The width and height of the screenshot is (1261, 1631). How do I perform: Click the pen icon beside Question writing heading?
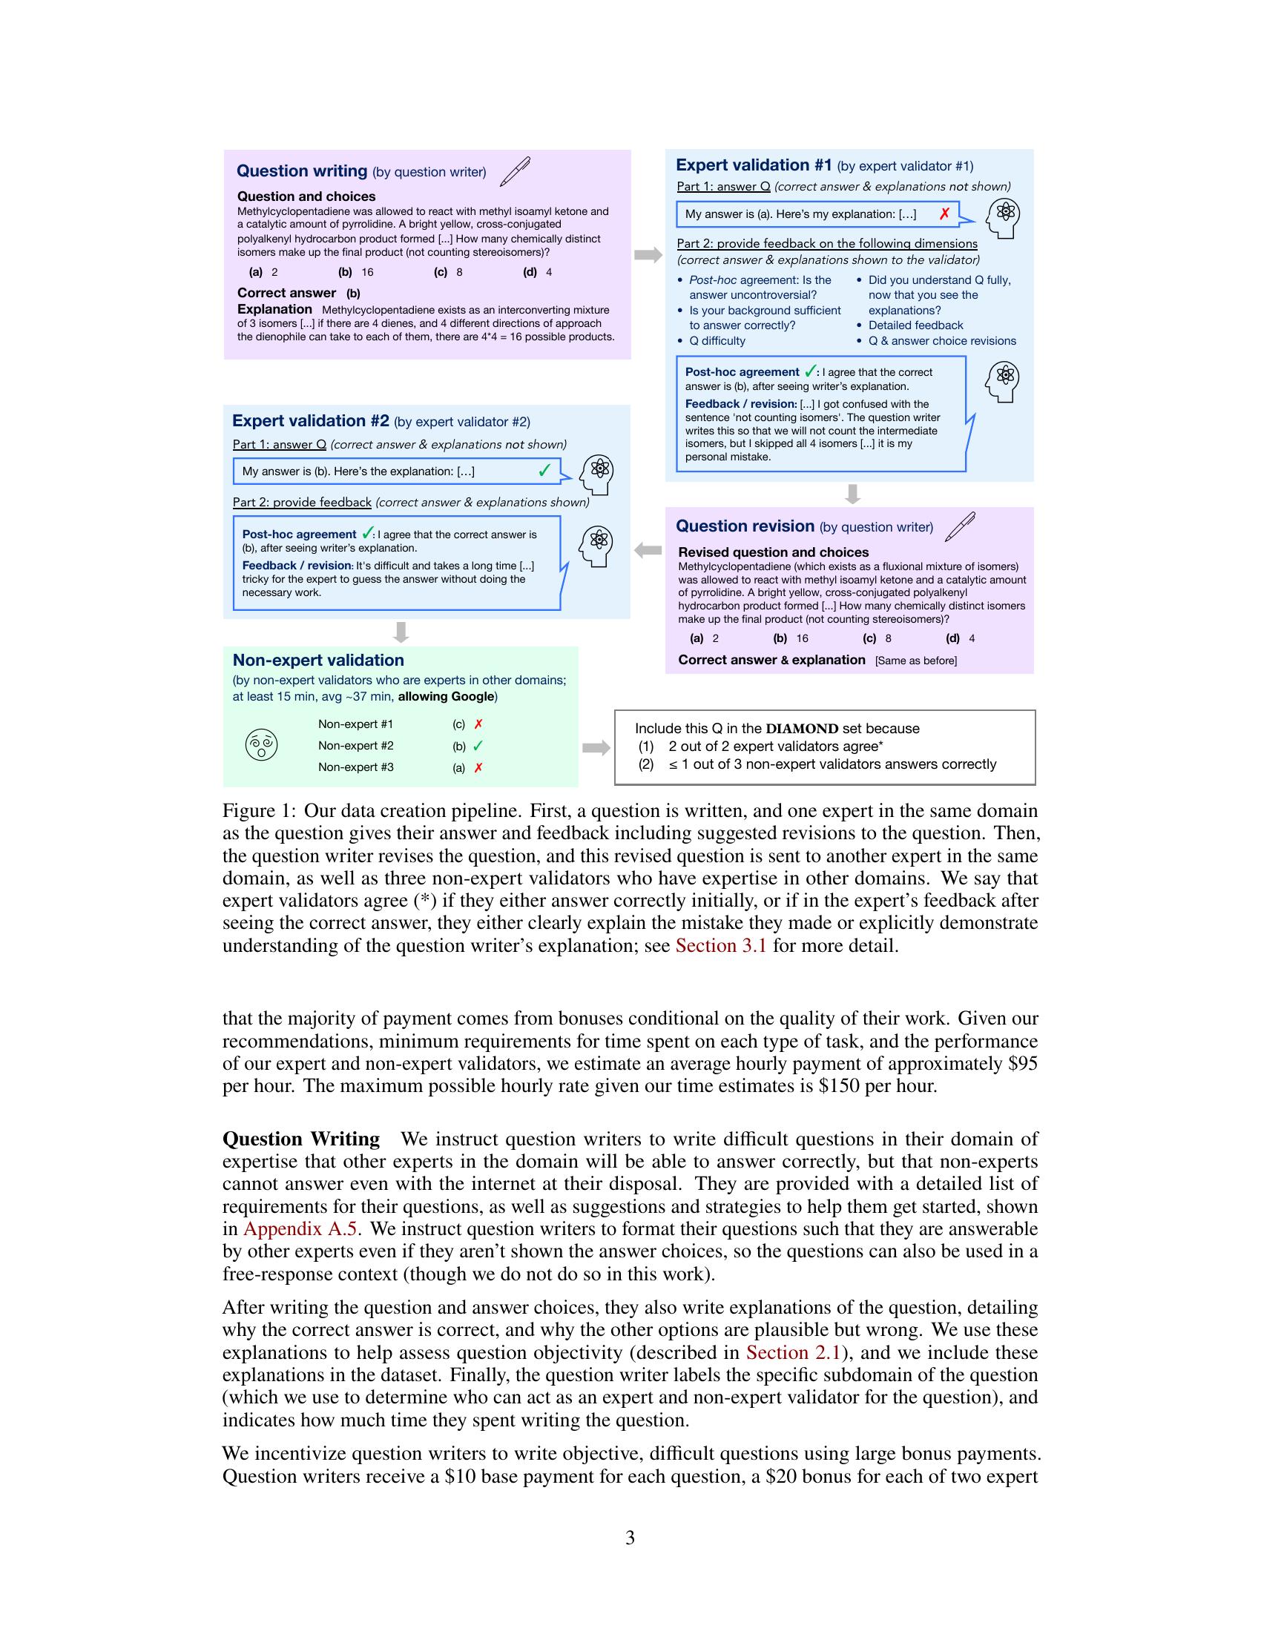point(515,171)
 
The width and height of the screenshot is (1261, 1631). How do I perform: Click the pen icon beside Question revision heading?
point(960,526)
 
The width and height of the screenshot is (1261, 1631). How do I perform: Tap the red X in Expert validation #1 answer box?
point(944,214)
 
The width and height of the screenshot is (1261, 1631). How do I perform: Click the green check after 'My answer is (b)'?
point(544,471)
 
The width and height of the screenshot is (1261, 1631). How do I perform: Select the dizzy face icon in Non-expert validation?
point(261,744)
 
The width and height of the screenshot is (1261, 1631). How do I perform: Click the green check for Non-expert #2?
point(478,745)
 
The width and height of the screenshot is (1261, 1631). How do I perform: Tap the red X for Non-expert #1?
point(478,724)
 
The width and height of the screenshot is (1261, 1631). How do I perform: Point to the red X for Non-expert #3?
point(478,767)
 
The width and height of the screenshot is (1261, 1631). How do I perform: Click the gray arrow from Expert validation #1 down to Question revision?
point(852,494)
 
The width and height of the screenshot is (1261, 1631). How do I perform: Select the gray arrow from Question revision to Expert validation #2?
point(648,550)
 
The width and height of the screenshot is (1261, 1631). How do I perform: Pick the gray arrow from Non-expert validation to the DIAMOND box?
point(596,747)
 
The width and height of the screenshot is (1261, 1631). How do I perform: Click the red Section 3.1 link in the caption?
point(720,945)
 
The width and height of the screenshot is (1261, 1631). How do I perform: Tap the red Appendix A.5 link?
point(300,1228)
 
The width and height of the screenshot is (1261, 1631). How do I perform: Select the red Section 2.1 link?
point(794,1352)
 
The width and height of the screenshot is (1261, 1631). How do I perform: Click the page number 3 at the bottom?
point(630,1538)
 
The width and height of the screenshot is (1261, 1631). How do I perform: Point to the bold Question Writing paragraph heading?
point(301,1139)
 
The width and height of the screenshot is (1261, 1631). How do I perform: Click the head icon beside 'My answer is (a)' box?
point(1003,217)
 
